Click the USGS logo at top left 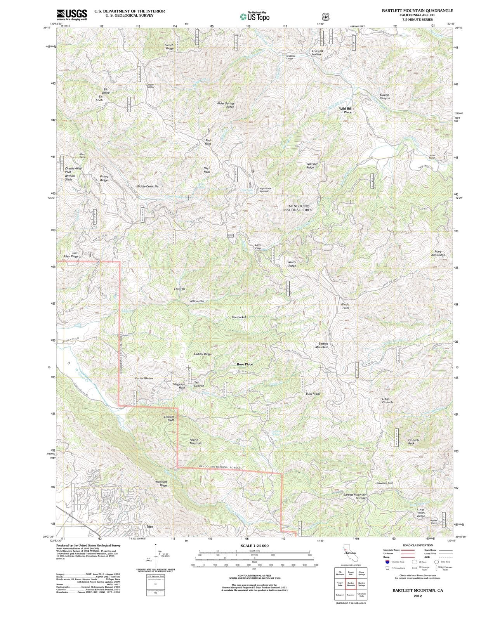[72, 14]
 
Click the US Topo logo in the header [255, 16]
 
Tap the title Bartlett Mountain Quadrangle [417, 11]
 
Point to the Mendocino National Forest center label [299, 208]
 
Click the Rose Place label [245, 364]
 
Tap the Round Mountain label [196, 442]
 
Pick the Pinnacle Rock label [414, 442]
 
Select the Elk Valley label [106, 91]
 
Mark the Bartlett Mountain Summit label [355, 496]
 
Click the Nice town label [150, 527]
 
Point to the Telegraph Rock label [179, 386]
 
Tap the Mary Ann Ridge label [438, 253]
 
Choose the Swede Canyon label [384, 96]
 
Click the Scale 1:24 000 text [255, 546]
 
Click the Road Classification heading [418, 545]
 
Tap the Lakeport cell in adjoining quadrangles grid [340, 595]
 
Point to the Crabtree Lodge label [291, 57]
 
